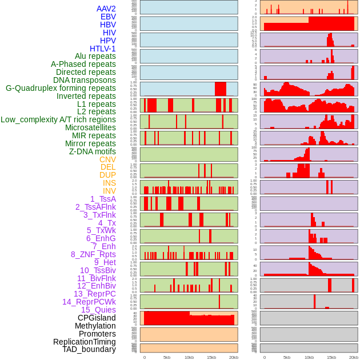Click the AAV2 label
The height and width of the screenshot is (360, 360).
tap(106, 9)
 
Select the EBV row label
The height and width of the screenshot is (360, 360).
tap(108, 17)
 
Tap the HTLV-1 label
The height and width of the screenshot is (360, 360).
tap(103, 49)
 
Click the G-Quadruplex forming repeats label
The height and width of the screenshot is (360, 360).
tap(61, 88)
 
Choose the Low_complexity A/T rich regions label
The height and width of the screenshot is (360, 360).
tap(58, 119)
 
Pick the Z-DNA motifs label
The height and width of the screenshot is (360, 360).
tap(93, 151)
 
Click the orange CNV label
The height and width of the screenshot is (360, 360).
tap(107, 159)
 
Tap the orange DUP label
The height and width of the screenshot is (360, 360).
tap(107, 175)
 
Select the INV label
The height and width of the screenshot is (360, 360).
tap(109, 191)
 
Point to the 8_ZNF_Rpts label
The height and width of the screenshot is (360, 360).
tap(93, 254)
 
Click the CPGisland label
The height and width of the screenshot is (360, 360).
tap(97, 318)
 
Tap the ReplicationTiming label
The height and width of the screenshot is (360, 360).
tap(84, 342)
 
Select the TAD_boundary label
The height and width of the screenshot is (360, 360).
tap(89, 349)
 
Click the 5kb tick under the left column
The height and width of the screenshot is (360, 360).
tap(167, 357)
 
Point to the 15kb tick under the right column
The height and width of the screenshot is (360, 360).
tap(331, 357)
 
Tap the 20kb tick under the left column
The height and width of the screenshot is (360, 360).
tap(234, 357)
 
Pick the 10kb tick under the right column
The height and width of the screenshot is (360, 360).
tap(309, 357)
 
